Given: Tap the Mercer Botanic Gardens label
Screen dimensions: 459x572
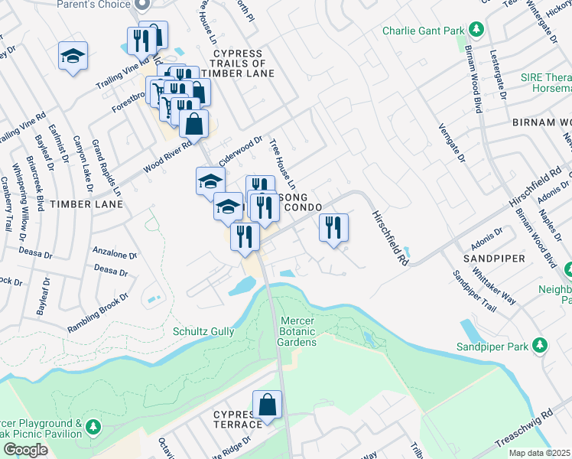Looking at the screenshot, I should [298, 330].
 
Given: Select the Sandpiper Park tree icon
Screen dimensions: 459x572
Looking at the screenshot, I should [540, 345].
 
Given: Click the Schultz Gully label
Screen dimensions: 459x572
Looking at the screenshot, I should [200, 331].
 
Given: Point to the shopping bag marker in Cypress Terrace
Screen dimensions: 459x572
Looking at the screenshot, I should [267, 405].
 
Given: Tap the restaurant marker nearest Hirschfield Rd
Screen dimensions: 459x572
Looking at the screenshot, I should [333, 227].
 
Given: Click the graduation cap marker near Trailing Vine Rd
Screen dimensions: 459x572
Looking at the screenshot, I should [73, 56].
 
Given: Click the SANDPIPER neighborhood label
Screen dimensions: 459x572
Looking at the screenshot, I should [493, 259].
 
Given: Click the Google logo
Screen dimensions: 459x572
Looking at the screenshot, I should [25, 450].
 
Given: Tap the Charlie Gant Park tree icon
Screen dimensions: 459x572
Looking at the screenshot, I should [476, 29].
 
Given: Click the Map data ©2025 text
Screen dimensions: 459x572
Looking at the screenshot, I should [539, 453].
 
